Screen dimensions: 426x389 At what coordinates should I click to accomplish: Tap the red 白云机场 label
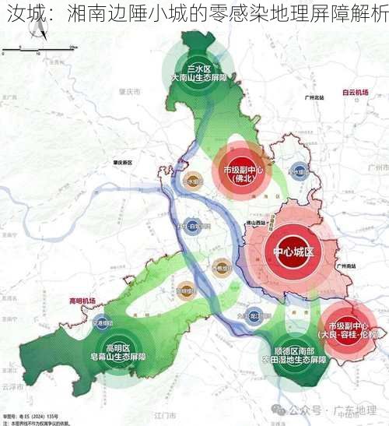[354, 91]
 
